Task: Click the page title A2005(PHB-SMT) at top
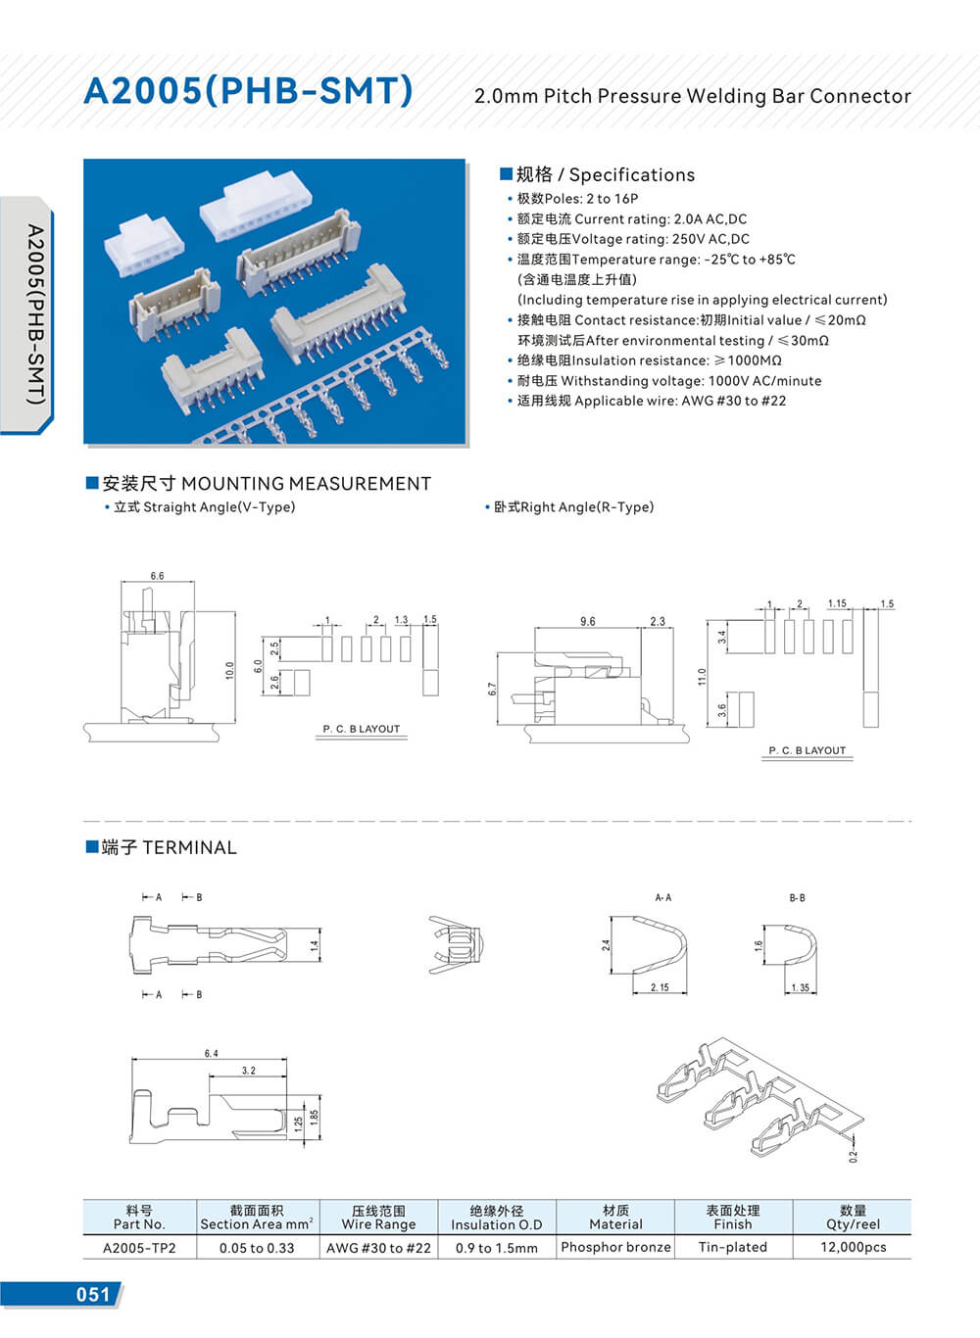(x=248, y=91)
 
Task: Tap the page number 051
(x=93, y=1294)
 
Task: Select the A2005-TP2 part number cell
(x=139, y=1248)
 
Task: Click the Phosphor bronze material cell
(x=615, y=1247)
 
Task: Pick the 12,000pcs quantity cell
(x=853, y=1247)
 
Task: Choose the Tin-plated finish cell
(x=732, y=1247)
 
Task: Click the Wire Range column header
(x=378, y=1218)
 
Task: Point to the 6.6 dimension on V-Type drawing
(x=157, y=576)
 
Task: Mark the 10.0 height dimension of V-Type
(x=229, y=671)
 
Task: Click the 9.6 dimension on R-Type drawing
(x=587, y=622)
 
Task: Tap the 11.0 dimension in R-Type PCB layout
(x=702, y=677)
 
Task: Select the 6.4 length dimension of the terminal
(x=211, y=1054)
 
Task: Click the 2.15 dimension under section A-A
(x=660, y=987)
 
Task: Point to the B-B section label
(x=797, y=897)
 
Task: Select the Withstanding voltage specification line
(x=669, y=381)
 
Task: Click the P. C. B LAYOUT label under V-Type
(x=362, y=729)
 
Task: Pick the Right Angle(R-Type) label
(x=573, y=507)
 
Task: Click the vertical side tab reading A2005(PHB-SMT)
(x=34, y=313)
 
